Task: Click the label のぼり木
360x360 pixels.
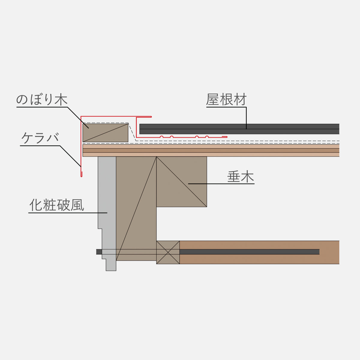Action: tap(42, 100)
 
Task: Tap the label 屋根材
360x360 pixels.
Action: tap(226, 100)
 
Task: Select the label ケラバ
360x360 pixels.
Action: tap(40, 138)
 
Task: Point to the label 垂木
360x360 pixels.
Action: tap(241, 177)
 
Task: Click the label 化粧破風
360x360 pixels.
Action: tap(57, 205)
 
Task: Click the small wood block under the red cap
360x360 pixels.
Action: tap(105, 132)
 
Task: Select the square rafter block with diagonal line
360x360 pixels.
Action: tap(181, 181)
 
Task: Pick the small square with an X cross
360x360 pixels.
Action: tap(168, 252)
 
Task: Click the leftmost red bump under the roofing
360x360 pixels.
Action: tap(162, 137)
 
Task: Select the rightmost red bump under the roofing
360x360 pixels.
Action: tap(207, 137)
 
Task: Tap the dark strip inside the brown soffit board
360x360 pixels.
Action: tap(249, 252)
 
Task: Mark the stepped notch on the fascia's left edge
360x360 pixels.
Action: tap(100, 229)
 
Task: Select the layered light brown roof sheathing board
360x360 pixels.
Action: tap(210, 150)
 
